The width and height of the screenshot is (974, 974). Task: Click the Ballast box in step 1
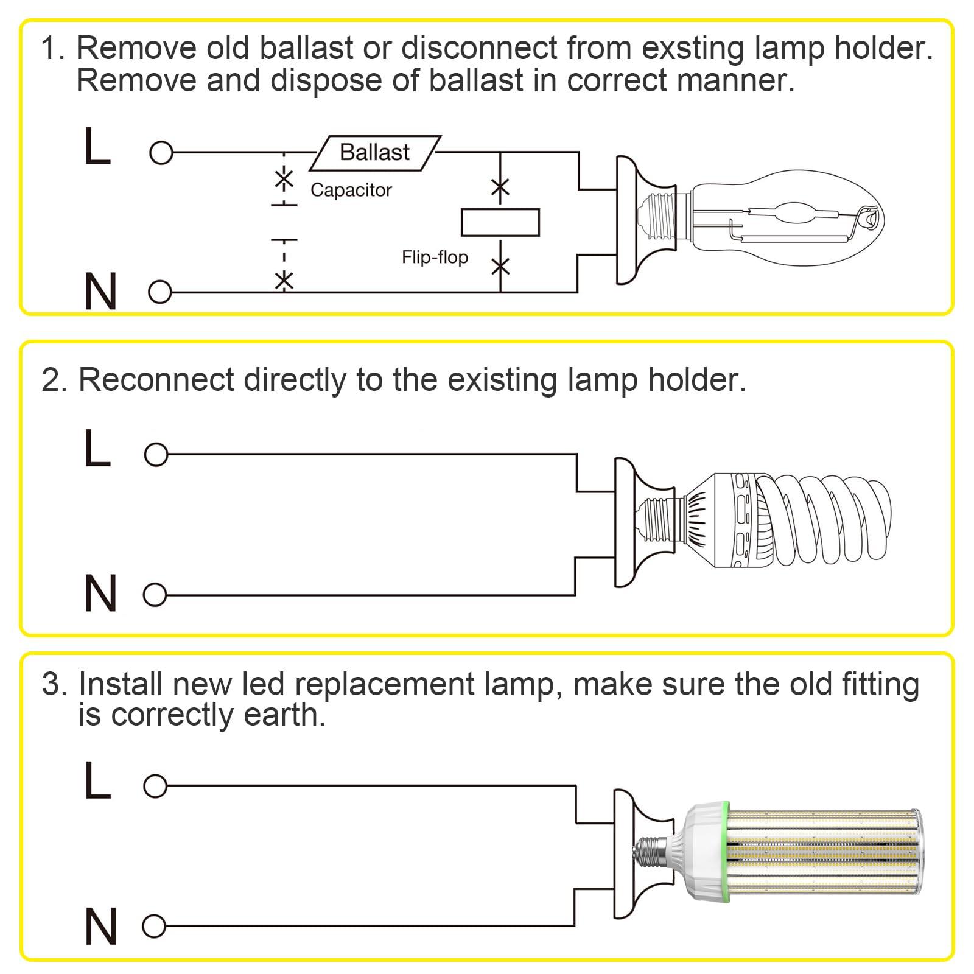[375, 153]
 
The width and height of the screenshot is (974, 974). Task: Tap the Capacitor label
[351, 190]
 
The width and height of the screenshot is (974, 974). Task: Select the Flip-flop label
[435, 257]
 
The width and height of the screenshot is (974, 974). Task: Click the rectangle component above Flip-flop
[500, 222]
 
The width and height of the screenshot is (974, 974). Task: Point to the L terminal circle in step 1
[161, 153]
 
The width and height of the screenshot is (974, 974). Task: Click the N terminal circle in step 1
[160, 292]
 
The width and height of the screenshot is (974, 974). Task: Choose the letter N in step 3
[100, 927]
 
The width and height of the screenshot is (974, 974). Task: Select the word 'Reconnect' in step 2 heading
[156, 380]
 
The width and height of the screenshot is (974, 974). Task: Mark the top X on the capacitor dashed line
[284, 180]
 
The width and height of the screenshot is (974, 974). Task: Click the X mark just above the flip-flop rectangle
[500, 187]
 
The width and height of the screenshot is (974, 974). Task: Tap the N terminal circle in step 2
[155, 594]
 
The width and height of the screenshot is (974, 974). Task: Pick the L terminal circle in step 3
[155, 786]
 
